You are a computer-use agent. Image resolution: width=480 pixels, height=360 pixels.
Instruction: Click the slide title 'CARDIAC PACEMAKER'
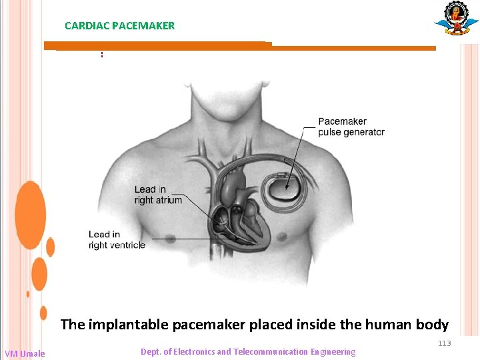coord(119,26)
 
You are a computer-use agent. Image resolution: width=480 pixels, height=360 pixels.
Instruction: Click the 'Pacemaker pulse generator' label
coord(351,127)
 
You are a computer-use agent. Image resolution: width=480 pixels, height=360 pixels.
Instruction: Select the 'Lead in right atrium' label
coord(157,195)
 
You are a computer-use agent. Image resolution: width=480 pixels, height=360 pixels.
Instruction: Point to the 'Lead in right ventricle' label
coord(117,239)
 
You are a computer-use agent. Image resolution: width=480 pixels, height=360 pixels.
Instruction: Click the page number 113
coord(444,343)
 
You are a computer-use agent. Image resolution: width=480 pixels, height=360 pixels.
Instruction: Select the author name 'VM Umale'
coord(25,353)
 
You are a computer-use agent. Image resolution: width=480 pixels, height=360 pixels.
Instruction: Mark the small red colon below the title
coord(102,54)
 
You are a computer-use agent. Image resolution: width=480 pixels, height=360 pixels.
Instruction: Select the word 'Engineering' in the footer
coord(332,351)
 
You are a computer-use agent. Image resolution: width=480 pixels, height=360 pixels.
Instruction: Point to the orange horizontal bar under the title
coord(240,47)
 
